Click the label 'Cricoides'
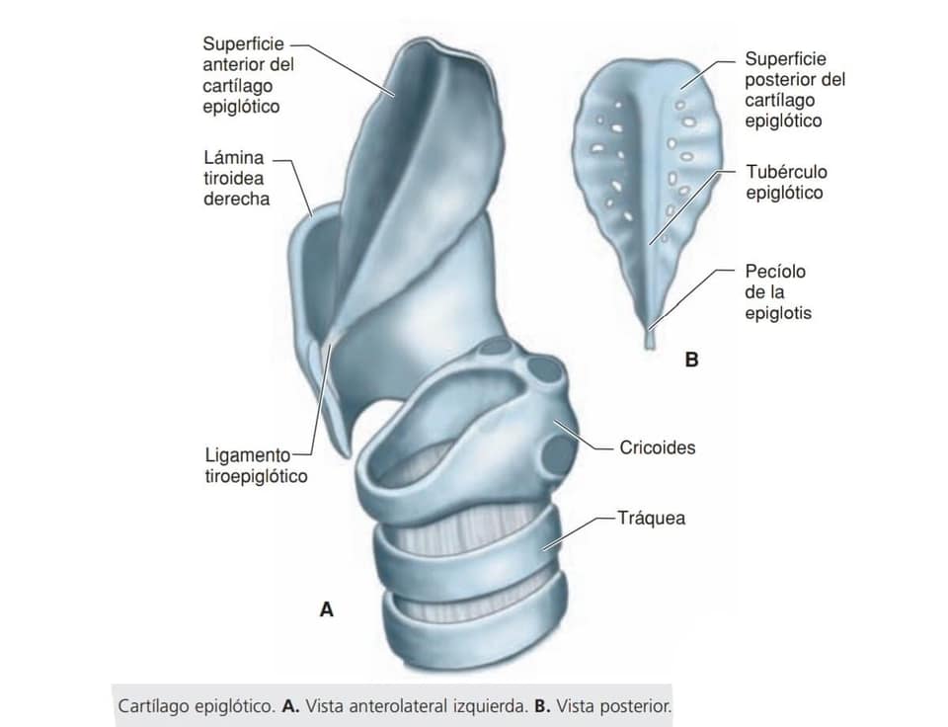[658, 447]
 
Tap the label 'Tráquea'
[651, 519]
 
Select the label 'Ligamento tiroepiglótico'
[257, 465]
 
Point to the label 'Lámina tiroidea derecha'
[236, 179]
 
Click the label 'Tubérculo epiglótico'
[786, 182]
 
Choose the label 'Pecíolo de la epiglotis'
[778, 292]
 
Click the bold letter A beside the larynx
[327, 609]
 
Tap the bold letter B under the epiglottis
[691, 360]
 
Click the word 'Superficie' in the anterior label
[243, 44]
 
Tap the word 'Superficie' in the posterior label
[785, 58]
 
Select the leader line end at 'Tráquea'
[615, 519]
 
